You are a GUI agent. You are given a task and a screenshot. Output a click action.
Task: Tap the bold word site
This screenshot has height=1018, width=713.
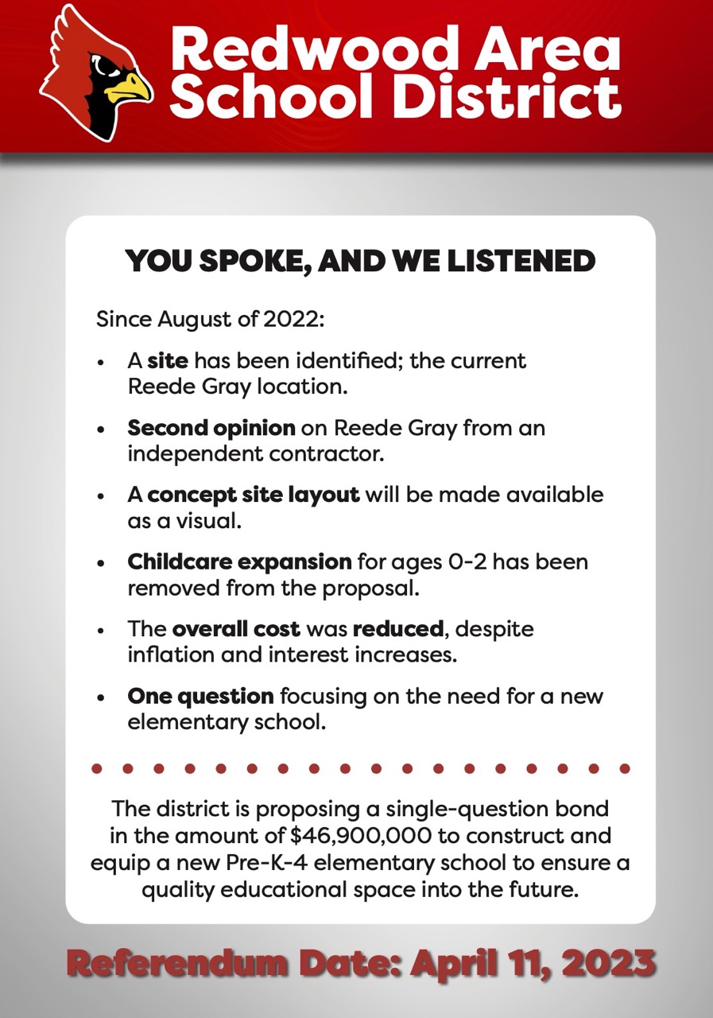click(168, 360)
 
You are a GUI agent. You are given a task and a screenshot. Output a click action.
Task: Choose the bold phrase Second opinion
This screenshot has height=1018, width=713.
click(211, 428)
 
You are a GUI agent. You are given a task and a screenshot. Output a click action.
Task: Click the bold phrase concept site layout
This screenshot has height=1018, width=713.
click(254, 495)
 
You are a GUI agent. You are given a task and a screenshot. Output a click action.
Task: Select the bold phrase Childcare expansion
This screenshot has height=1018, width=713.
click(239, 562)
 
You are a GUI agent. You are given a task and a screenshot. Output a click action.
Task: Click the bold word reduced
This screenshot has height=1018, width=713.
click(397, 629)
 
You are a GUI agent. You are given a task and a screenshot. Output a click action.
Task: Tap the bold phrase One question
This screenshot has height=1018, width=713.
click(200, 697)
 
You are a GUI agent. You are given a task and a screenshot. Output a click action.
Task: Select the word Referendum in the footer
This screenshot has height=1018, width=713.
click(175, 962)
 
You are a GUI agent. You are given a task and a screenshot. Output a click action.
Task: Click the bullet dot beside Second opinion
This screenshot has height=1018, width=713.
click(100, 429)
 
